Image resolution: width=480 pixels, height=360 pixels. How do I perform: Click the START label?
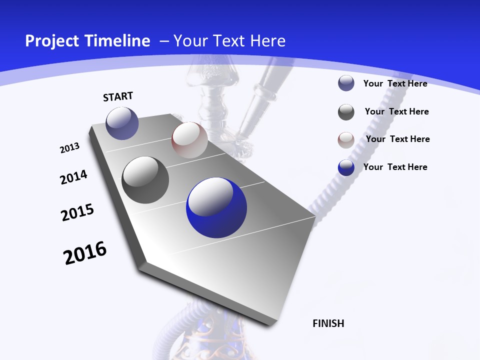tap(118, 96)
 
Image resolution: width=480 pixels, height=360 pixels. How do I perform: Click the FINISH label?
tap(328, 323)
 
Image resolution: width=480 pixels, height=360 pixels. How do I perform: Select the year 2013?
tap(70, 148)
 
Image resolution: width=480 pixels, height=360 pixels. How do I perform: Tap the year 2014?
tap(73, 177)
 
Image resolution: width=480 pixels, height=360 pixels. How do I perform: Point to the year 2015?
tap(77, 212)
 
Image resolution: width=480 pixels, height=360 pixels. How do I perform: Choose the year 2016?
tap(85, 253)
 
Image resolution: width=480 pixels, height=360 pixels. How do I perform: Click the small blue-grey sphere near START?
tap(122, 123)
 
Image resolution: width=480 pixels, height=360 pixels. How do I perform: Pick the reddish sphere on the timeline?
tap(189, 140)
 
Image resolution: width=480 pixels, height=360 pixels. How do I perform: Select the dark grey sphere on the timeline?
tap(145, 180)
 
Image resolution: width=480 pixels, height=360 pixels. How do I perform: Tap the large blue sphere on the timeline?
tap(216, 207)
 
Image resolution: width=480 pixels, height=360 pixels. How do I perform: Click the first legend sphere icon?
tap(346, 83)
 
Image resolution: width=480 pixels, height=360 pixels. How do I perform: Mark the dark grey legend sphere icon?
tap(346, 112)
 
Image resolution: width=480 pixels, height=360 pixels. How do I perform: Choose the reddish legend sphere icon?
tap(346, 140)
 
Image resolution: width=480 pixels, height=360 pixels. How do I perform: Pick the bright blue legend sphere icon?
tap(346, 167)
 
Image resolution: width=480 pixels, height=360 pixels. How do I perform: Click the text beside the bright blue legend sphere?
tap(395, 167)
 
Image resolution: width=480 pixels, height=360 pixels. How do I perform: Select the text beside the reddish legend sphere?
tap(398, 139)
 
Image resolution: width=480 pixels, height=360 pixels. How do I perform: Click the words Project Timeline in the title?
tap(87, 41)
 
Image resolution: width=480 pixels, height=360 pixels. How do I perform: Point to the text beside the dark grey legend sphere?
tap(397, 111)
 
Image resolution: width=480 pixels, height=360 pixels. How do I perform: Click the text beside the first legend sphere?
tap(395, 83)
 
